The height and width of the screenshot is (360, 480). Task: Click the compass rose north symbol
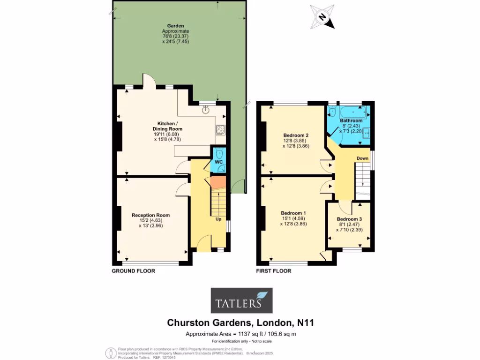(322, 17)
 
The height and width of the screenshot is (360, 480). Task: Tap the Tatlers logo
(240, 300)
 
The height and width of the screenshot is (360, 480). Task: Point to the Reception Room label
(150, 215)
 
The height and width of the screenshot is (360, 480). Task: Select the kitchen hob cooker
(220, 129)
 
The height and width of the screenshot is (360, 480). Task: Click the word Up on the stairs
(218, 219)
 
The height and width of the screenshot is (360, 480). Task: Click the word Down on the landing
(362, 158)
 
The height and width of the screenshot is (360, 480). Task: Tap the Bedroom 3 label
(349, 219)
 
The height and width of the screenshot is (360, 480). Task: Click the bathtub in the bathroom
(352, 112)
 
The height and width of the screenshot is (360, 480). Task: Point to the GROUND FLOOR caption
(133, 271)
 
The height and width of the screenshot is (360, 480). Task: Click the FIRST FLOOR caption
(274, 271)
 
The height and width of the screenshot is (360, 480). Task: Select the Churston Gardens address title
(240, 323)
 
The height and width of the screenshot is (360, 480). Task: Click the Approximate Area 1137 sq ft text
(240, 334)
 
